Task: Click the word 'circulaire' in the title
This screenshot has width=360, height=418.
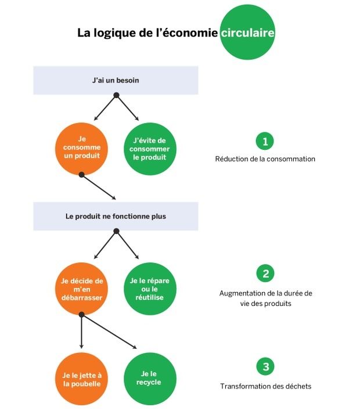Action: pyautogui.click(x=247, y=33)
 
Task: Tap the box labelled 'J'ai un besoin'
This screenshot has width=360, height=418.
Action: pyautogui.click(x=116, y=80)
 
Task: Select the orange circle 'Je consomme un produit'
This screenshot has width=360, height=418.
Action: pyautogui.click(x=82, y=149)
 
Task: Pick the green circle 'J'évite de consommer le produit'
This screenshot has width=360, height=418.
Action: pyautogui.click(x=150, y=149)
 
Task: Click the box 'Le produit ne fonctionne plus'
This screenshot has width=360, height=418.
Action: pyautogui.click(x=116, y=216)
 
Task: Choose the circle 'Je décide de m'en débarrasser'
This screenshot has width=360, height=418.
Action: pyautogui.click(x=82, y=289)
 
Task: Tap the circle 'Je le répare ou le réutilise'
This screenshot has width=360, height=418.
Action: pyautogui.click(x=150, y=289)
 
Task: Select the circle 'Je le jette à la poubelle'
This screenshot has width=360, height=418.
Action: pyautogui.click(x=82, y=379)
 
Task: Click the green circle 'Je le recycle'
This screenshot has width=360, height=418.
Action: pyautogui.click(x=150, y=379)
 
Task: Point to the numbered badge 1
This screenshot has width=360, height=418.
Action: pyautogui.click(x=265, y=141)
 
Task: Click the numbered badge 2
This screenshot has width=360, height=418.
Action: pyautogui.click(x=265, y=273)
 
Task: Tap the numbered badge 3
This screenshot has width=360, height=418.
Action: pyautogui.click(x=265, y=366)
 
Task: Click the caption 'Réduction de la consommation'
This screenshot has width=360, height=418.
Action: pyautogui.click(x=265, y=159)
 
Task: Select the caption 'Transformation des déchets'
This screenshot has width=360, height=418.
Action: pyautogui.click(x=265, y=386)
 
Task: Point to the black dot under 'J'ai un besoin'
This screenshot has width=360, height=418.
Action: pyautogui.click(x=116, y=95)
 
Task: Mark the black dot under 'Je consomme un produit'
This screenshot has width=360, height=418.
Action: pyautogui.click(x=82, y=175)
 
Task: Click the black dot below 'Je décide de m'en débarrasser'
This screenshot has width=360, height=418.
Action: pyautogui.click(x=82, y=315)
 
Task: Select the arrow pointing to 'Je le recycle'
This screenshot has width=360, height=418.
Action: pyautogui.click(x=109, y=331)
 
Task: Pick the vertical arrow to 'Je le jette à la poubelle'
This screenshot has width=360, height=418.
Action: pyautogui.click(x=82, y=331)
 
